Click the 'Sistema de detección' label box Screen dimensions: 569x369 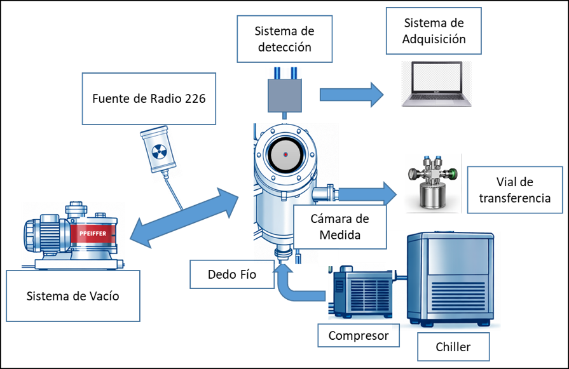point(285,39)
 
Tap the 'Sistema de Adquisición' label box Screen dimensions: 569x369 point(434,31)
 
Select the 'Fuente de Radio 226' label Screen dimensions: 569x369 point(149,98)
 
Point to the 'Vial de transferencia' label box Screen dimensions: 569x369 point(514,190)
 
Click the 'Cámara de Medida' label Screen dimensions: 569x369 point(339,227)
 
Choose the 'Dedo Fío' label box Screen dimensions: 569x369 point(232,274)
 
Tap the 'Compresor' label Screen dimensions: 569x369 point(359,335)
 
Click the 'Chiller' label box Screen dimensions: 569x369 point(453,347)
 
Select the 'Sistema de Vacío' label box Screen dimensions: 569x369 point(73,296)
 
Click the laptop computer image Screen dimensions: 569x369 point(437,84)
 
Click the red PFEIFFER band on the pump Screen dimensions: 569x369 point(93,234)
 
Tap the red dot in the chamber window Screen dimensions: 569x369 point(285,154)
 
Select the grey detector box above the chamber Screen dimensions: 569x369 point(285,96)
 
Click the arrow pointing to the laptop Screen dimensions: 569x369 point(352,95)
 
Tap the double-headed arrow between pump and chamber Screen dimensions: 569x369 point(184,218)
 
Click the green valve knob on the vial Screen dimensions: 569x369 point(452,174)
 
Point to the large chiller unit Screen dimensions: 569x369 point(450,279)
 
